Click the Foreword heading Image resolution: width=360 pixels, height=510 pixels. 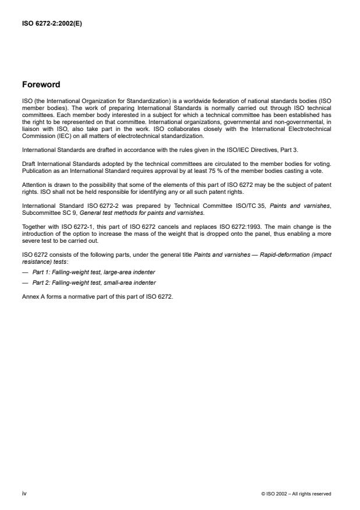click(41, 84)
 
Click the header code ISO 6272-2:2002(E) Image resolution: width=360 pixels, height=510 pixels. click(51, 24)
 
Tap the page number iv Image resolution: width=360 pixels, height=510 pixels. click(24, 493)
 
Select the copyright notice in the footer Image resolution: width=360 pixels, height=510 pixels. click(297, 494)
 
